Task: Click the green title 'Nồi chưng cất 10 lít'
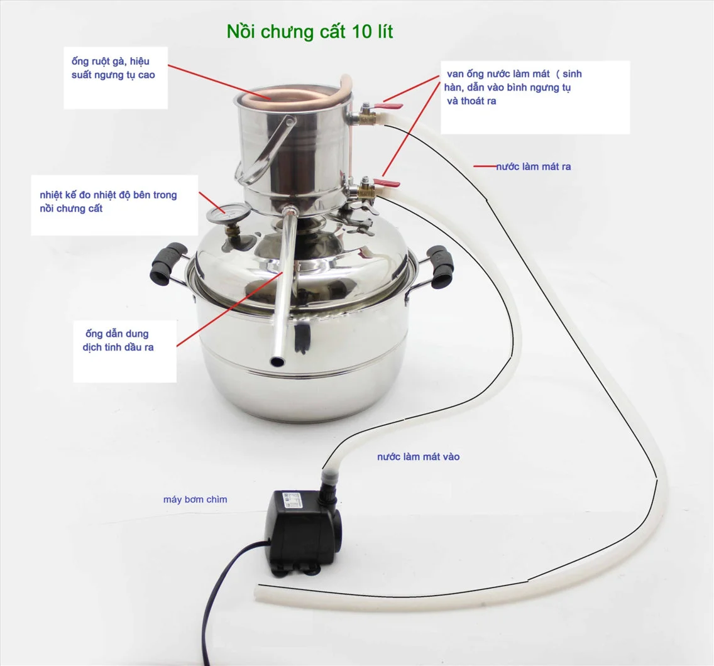pos(310,32)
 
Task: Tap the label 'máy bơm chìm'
pos(195,499)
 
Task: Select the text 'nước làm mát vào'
pos(418,457)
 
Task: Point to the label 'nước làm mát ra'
pos(533,166)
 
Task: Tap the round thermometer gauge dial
pos(223,214)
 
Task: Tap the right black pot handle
pos(440,267)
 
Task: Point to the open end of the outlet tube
pos(277,361)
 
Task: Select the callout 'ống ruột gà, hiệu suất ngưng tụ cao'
pos(116,78)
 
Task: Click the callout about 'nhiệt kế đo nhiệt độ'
pos(114,205)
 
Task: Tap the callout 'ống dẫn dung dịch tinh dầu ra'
pos(125,351)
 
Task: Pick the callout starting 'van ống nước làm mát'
pos(535,97)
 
